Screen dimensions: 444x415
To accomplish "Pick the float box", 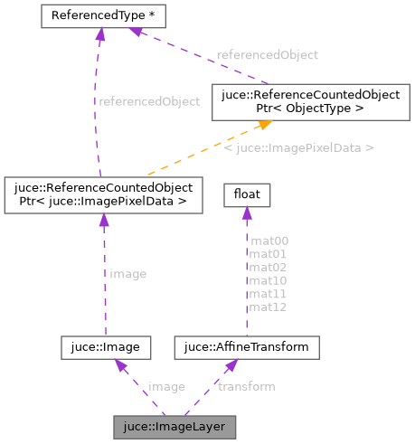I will (242, 194).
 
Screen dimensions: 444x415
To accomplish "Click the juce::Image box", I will (105, 346).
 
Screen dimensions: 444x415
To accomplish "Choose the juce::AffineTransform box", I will (246, 346).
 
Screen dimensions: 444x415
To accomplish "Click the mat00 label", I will (269, 241).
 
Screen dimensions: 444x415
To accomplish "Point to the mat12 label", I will (269, 307).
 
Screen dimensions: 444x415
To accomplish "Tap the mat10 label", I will (269, 280).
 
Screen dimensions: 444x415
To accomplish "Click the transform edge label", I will (247, 386).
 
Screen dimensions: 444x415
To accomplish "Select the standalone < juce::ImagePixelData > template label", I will (298, 146).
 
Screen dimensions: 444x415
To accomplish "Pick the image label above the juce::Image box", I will (127, 273).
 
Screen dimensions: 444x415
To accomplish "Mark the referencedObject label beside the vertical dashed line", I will (148, 101).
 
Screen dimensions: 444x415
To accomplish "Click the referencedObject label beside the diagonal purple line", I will (268, 54).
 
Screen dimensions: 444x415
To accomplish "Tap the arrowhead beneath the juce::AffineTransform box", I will (232, 364).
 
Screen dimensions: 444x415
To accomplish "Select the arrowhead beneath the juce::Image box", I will (117, 364).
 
